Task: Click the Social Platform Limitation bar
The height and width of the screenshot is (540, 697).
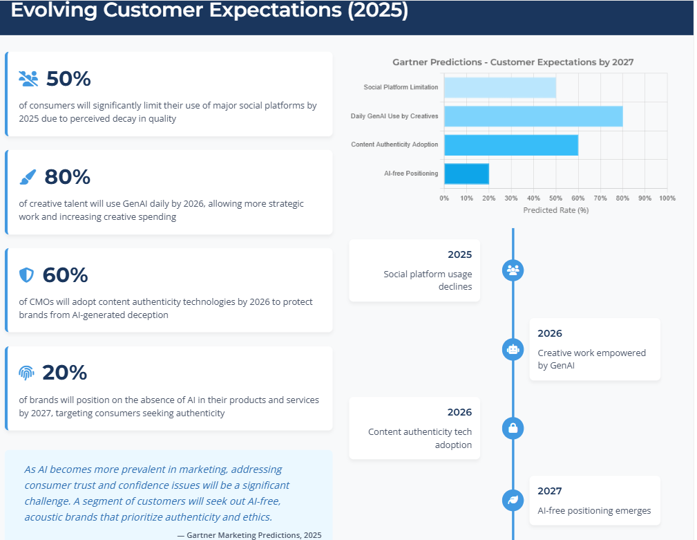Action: click(500, 87)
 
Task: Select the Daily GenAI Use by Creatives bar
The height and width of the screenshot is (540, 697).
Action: click(533, 116)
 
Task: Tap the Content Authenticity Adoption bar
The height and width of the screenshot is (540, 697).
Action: click(511, 145)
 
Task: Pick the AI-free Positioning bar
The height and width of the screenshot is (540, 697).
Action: click(466, 174)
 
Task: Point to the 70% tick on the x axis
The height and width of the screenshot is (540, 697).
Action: click(600, 198)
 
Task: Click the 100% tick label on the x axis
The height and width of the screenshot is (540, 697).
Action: click(667, 198)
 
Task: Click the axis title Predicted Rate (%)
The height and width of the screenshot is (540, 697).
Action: click(555, 210)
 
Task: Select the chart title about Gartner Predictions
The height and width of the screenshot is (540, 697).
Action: click(513, 62)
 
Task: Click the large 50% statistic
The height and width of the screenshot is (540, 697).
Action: click(68, 79)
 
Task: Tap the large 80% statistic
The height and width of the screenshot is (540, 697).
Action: click(67, 177)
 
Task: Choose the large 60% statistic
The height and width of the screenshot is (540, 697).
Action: click(65, 275)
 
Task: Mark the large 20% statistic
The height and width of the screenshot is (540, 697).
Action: click(64, 373)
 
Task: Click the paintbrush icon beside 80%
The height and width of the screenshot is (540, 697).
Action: click(28, 178)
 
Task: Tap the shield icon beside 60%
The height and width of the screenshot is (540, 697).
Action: click(26, 275)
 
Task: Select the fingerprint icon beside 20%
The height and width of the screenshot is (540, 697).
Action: click(26, 373)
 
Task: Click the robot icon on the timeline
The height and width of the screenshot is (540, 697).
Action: click(513, 349)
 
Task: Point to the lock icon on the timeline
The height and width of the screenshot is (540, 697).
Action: click(513, 428)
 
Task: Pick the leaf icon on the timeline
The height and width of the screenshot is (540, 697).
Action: click(513, 499)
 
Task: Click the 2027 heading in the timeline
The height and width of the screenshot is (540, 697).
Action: click(550, 491)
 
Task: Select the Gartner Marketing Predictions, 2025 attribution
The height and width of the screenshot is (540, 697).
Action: click(254, 534)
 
